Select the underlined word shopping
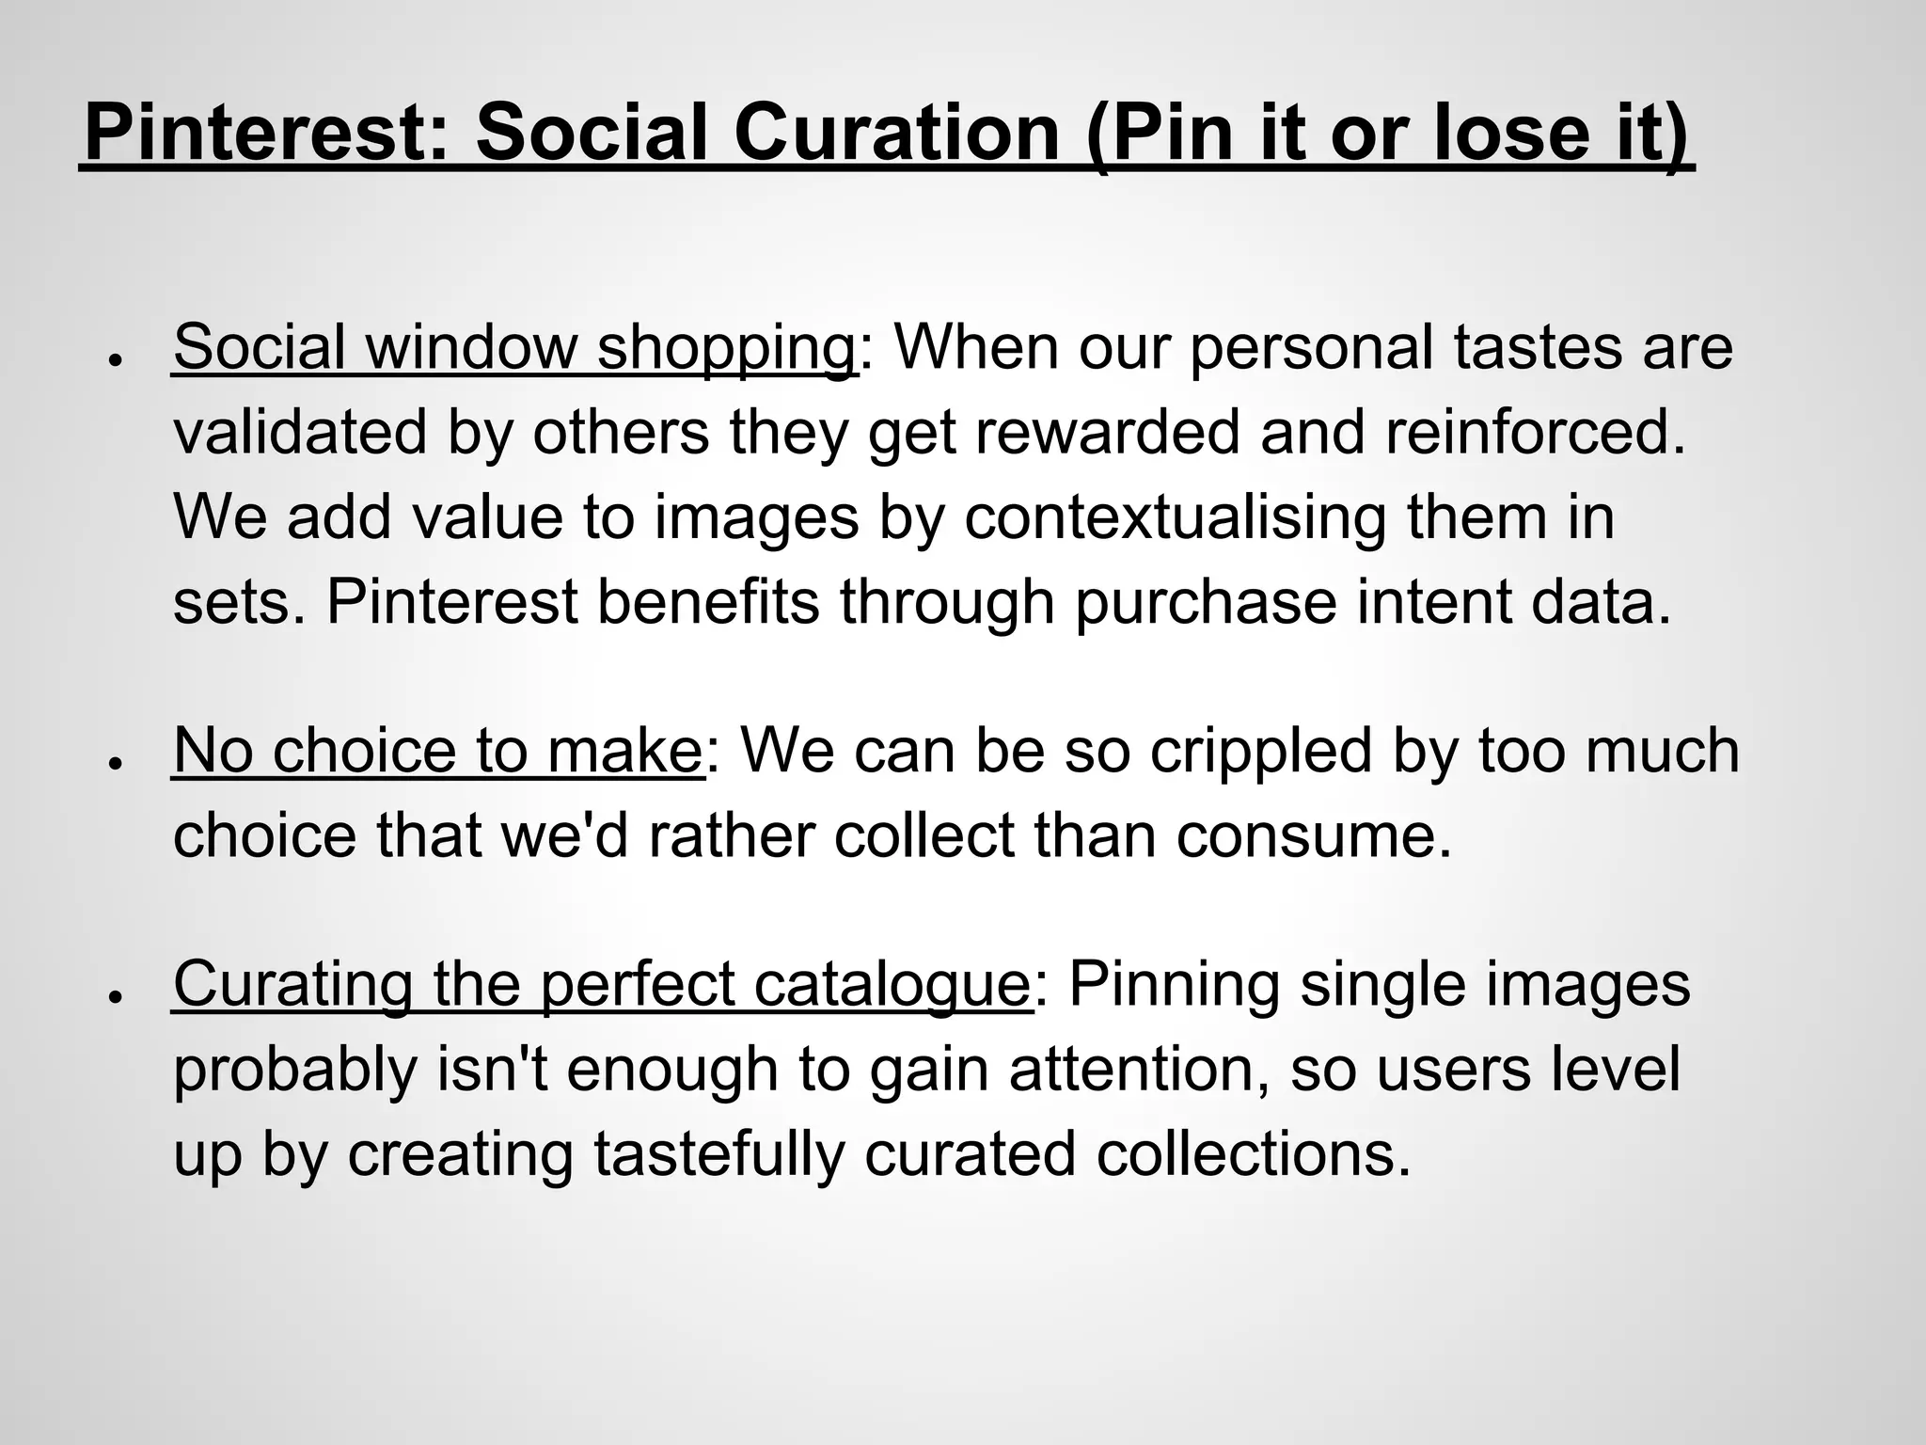[x=726, y=348]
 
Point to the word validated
[x=300, y=433]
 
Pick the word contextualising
[x=1174, y=518]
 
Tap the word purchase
[x=1205, y=603]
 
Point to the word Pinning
[x=1174, y=985]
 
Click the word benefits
[x=708, y=603]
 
